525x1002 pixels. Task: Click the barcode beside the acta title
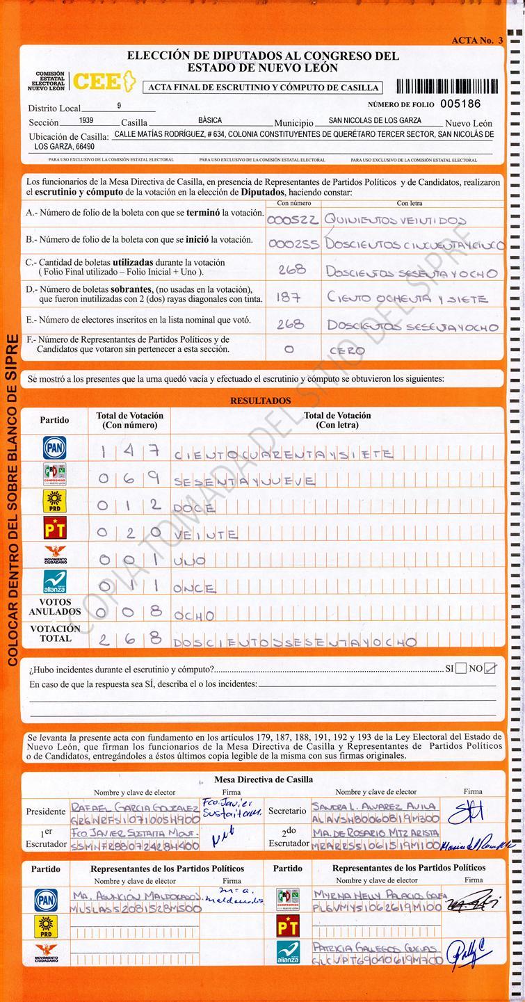447,86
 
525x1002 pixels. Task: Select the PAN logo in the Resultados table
55,448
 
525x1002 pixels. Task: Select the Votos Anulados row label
55,607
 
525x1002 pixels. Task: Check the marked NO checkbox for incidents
491,668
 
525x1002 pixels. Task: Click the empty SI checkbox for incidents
460,668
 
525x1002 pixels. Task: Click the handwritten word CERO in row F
347,350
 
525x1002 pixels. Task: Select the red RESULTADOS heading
261,401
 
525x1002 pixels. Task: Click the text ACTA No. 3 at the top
477,40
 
